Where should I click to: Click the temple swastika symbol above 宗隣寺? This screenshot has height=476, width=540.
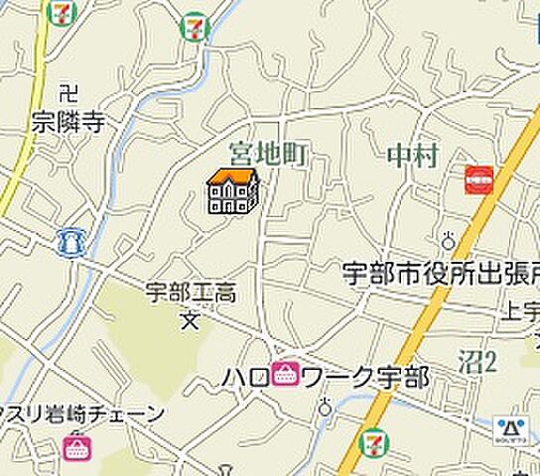point(67,94)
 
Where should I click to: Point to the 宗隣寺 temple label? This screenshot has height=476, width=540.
point(67,121)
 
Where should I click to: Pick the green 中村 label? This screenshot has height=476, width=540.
point(411,155)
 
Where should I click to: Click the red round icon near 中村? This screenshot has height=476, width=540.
point(479,179)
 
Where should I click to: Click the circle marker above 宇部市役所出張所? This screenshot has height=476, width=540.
point(449,240)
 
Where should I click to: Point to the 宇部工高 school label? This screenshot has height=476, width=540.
point(191,293)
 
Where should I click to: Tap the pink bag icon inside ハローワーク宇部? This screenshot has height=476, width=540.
point(286,376)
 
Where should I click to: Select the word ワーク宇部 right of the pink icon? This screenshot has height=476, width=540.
point(364,377)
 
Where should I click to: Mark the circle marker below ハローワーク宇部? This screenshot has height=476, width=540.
point(325,406)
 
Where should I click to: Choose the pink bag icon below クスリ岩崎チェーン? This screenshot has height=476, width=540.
point(75,446)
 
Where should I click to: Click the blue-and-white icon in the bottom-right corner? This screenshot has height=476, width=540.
point(512,429)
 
